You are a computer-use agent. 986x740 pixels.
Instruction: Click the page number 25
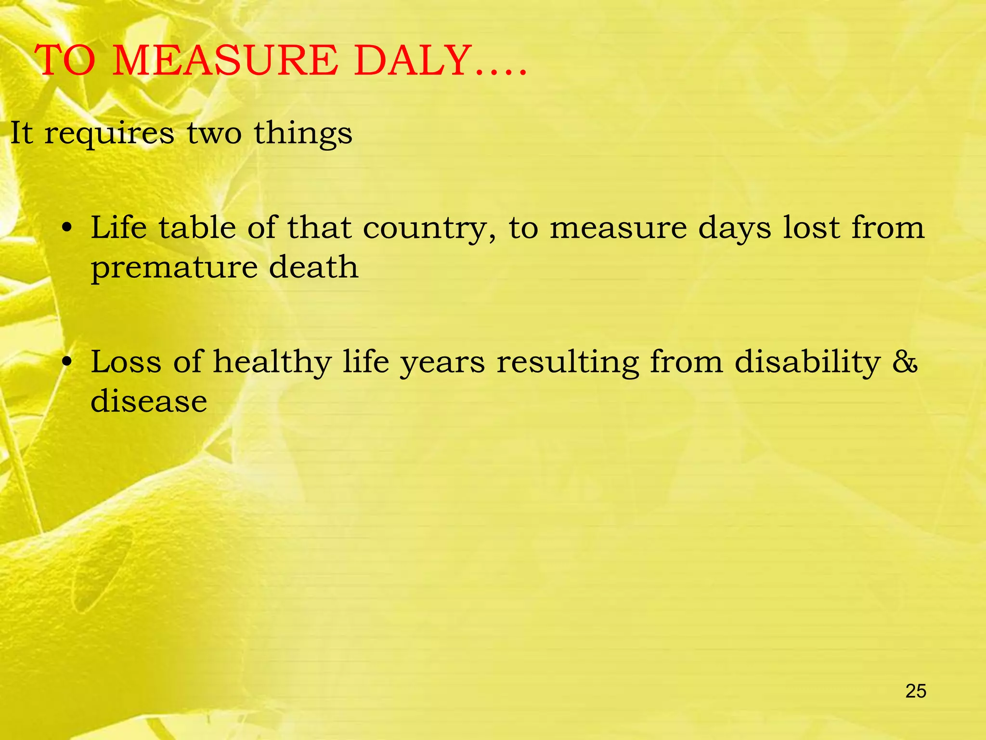(x=916, y=691)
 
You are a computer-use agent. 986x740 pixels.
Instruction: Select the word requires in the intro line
(x=109, y=134)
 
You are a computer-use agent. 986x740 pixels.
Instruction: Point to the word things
(x=303, y=134)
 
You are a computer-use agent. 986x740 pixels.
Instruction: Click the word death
(x=313, y=267)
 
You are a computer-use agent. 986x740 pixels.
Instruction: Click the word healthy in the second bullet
(x=272, y=362)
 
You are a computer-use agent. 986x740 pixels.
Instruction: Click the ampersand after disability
(x=905, y=362)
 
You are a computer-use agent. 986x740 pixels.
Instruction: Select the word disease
(x=149, y=401)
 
